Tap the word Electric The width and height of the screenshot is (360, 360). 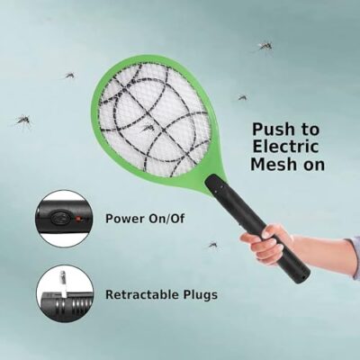tap(281, 147)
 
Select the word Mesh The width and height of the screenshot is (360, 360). tap(273, 164)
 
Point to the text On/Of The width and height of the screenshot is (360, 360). tap(166, 219)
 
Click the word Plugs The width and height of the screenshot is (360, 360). tap(201, 295)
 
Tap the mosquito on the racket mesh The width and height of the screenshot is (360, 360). tap(148, 128)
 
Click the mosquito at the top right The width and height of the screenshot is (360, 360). tap(265, 47)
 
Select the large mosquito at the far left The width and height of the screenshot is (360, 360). tap(23, 121)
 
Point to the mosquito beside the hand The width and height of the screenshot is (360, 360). tap(212, 245)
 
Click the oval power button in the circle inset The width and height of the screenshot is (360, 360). tap(59, 218)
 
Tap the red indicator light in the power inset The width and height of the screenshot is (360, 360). tap(78, 219)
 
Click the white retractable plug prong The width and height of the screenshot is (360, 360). tap(63, 283)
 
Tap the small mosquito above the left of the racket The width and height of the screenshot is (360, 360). tap(70, 75)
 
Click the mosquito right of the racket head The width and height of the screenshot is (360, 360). tap(242, 97)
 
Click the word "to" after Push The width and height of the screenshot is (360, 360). tap(310, 130)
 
